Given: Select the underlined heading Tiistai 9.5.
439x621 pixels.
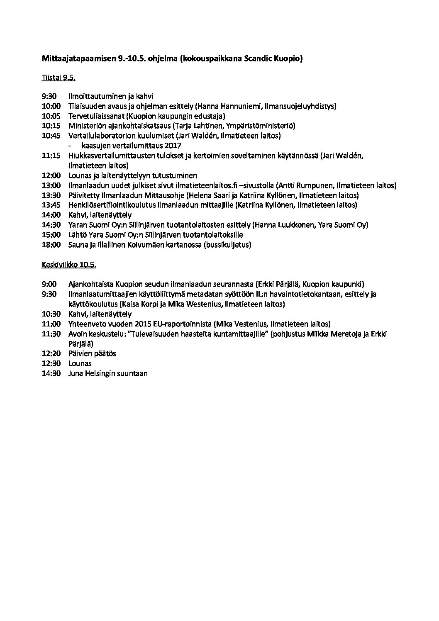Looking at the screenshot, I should (58, 78).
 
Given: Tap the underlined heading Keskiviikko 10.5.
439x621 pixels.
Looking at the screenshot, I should (69, 264).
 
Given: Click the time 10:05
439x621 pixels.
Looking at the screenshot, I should (51, 116).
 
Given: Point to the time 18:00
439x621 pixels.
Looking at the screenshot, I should (51, 245).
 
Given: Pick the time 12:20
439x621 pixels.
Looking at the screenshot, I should (51, 353).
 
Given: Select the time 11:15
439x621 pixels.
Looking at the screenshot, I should (51, 156).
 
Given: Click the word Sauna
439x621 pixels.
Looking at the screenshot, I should (78, 245).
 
